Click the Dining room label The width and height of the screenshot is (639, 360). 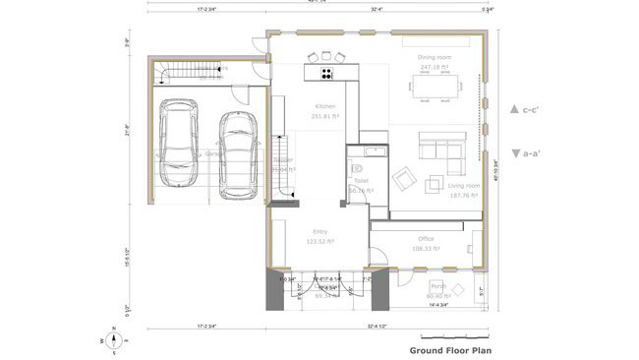point(434,58)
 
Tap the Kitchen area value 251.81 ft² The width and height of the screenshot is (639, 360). point(325,116)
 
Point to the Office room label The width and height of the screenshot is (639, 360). point(426,239)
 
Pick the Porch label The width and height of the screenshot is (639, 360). point(437,286)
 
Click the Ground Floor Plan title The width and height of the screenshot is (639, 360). point(449,349)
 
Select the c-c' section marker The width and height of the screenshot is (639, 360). point(528,109)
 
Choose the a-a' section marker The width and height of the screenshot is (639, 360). point(528,152)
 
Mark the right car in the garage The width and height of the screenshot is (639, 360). point(237,153)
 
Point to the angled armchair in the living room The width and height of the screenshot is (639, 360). point(403,179)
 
